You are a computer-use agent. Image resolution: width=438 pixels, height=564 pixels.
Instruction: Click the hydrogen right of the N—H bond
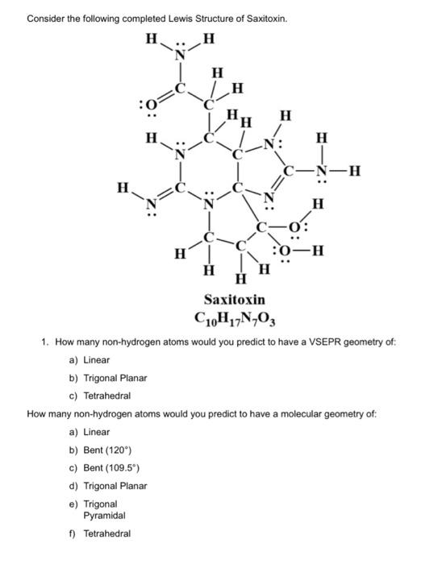[x=355, y=170]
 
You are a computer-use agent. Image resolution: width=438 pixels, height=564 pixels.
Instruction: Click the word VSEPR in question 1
[x=309, y=342]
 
